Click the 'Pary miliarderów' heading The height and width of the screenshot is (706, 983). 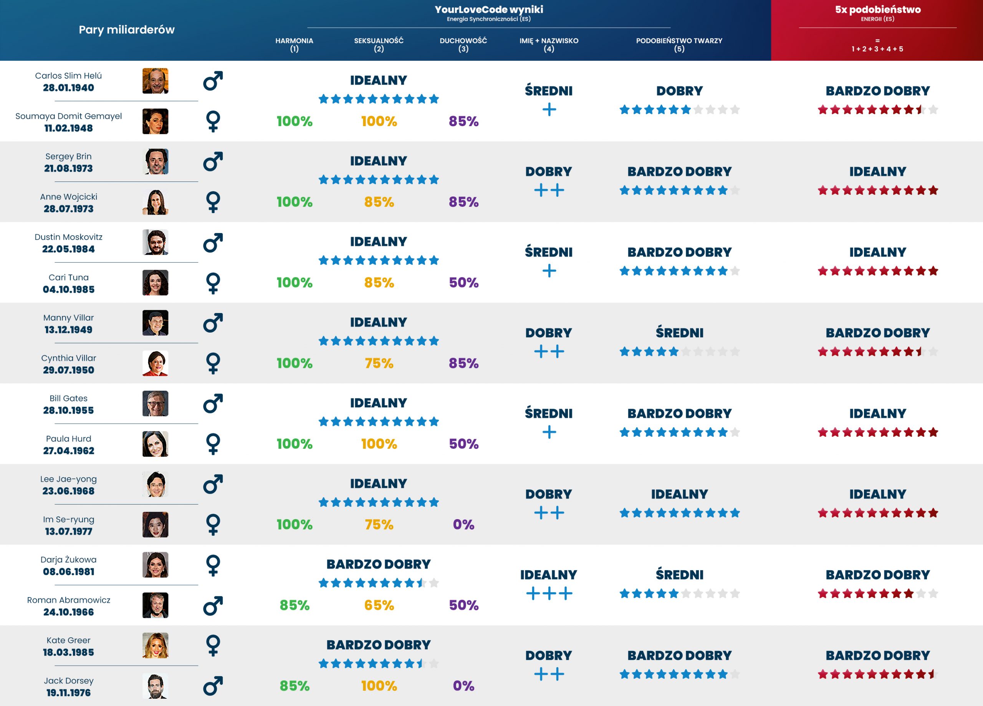pyautogui.click(x=127, y=30)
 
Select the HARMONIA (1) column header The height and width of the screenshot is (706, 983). pyautogui.click(x=294, y=44)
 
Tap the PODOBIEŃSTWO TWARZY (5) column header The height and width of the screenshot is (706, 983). pyautogui.click(x=679, y=44)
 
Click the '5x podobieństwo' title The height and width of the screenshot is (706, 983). pyautogui.click(x=878, y=10)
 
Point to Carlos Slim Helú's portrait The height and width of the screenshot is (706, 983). pyautogui.click(x=155, y=81)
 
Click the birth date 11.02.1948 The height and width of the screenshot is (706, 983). pyautogui.click(x=68, y=128)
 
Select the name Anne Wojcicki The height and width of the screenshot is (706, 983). pyautogui.click(x=68, y=196)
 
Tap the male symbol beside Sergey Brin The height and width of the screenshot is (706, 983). pyautogui.click(x=213, y=162)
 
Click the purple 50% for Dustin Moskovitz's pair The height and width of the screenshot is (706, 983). pyautogui.click(x=463, y=283)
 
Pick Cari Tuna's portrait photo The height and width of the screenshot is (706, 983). pyautogui.click(x=155, y=283)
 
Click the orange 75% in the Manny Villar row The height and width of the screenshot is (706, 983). pyautogui.click(x=379, y=363)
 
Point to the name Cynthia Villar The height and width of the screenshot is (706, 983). pyautogui.click(x=68, y=358)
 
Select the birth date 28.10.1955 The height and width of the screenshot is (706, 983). pyautogui.click(x=68, y=410)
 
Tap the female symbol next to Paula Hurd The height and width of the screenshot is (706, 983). pyautogui.click(x=213, y=444)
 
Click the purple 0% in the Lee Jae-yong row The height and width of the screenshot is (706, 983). pyautogui.click(x=463, y=525)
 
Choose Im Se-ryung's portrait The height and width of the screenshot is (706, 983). pyautogui.click(x=155, y=525)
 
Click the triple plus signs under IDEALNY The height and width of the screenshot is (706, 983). pyautogui.click(x=549, y=593)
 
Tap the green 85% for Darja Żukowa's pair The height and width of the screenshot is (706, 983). pyautogui.click(x=294, y=605)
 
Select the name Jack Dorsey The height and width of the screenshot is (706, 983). pyautogui.click(x=68, y=680)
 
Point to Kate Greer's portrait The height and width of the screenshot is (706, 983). pyautogui.click(x=155, y=645)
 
